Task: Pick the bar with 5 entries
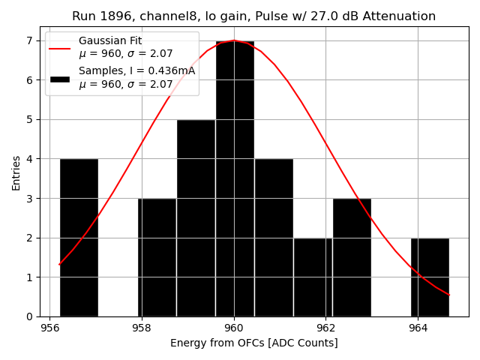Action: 196,217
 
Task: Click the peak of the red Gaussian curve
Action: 234,40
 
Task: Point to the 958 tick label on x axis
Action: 142,328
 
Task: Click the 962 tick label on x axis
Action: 325,328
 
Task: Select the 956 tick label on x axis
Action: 49,328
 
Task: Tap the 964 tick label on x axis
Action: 418,328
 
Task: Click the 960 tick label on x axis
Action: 234,328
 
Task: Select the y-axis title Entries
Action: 16,172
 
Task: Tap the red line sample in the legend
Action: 60,47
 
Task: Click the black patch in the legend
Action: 60,78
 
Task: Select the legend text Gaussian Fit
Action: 110,41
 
